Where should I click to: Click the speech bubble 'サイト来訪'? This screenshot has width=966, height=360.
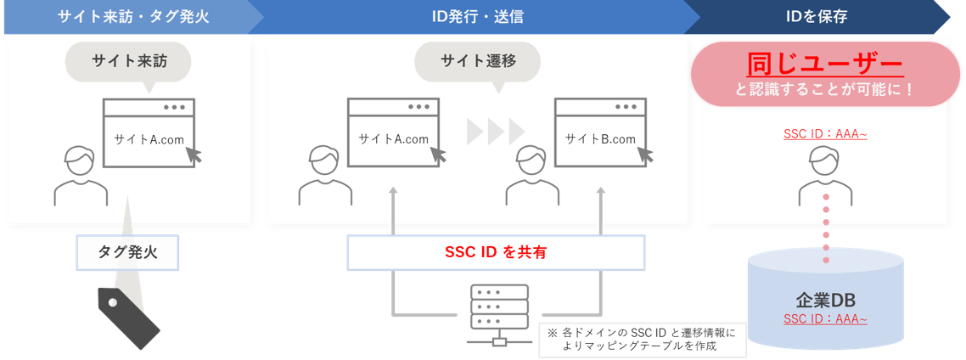pos(128,61)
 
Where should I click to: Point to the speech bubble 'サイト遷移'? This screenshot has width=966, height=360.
pos(478,61)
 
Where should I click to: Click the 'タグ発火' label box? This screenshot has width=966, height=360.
pos(127,252)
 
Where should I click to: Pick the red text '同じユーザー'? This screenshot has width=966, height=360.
pos(823,64)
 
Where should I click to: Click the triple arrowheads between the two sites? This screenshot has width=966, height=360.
pos(496,130)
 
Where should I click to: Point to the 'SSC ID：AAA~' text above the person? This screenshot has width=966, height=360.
pos(824,134)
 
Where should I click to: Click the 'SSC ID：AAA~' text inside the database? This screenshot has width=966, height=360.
pos(824,319)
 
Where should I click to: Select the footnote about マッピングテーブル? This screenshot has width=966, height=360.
pos(643,338)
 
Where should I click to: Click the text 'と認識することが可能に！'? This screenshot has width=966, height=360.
pos(823,88)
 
